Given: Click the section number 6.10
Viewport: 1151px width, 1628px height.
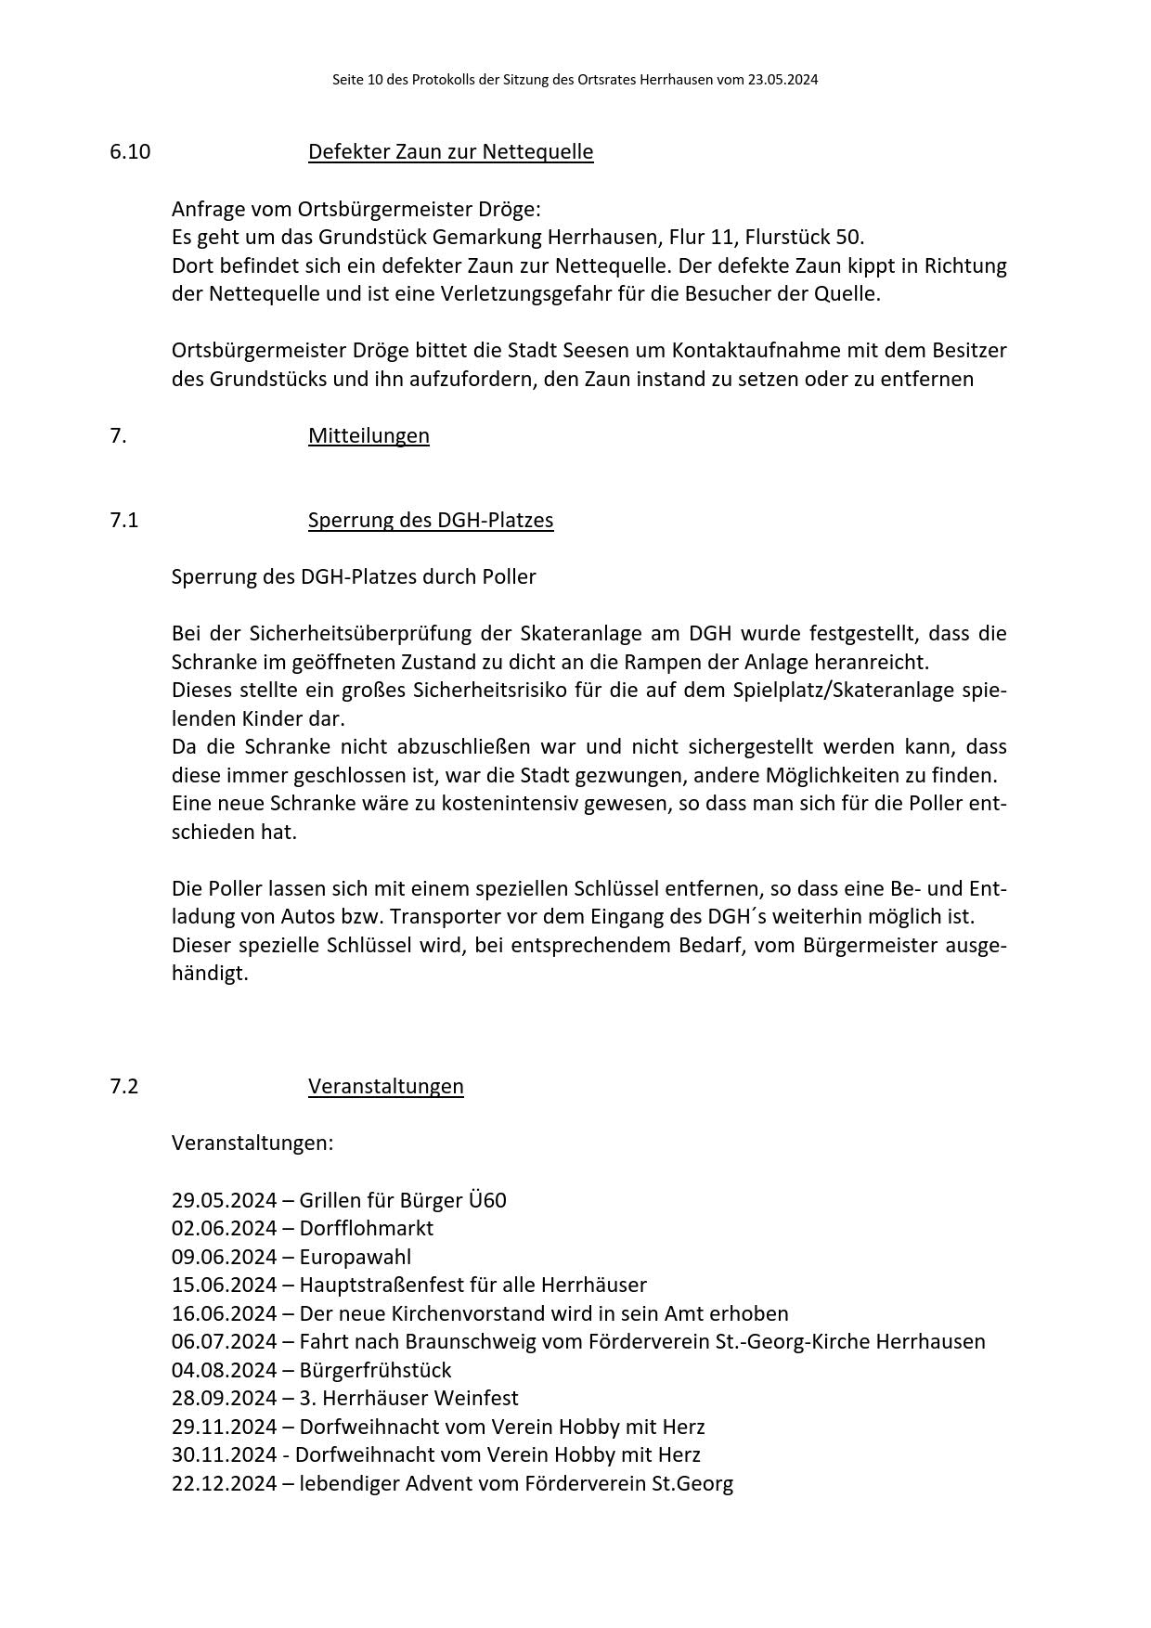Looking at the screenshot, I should click(130, 151).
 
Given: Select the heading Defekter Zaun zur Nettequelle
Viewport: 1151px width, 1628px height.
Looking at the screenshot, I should click(450, 151).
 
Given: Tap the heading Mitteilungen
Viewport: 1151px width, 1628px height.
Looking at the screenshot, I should click(369, 435).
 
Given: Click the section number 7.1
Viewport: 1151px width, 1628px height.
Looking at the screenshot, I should click(123, 520).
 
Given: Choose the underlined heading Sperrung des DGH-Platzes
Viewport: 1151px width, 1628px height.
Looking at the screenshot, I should click(431, 520).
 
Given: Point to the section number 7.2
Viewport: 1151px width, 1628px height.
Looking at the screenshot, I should click(123, 1086).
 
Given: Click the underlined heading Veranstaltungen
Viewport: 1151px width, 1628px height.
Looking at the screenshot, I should click(385, 1086).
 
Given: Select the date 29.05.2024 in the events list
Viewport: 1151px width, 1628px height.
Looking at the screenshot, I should click(224, 1200).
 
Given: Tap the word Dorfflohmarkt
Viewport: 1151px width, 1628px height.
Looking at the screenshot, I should click(366, 1228).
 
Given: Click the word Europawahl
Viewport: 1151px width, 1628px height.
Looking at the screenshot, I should click(355, 1257).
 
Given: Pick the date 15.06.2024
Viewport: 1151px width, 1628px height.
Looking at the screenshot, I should click(224, 1285).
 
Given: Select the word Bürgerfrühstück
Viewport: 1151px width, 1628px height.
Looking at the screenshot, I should click(375, 1370).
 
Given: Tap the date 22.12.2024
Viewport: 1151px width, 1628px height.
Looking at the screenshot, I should click(224, 1483).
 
